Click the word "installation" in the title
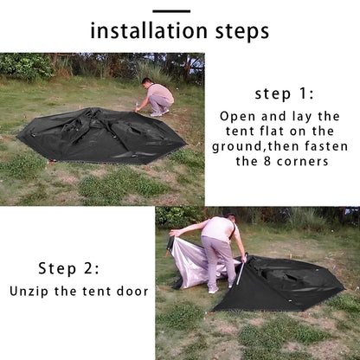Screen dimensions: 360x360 (149, 30)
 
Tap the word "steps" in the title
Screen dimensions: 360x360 (242, 32)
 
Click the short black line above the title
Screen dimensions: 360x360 (171, 11)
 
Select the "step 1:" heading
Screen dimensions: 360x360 (284, 94)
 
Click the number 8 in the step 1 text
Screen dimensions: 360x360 (267, 161)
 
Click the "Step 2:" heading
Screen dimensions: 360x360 (68, 268)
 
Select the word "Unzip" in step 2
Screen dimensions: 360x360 (29, 292)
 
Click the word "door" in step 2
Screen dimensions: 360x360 (132, 292)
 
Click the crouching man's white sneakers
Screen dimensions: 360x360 (159, 113)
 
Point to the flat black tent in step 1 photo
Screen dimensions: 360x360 (101, 135)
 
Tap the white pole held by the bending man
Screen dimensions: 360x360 (241, 269)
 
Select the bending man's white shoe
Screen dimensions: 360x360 (213, 291)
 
